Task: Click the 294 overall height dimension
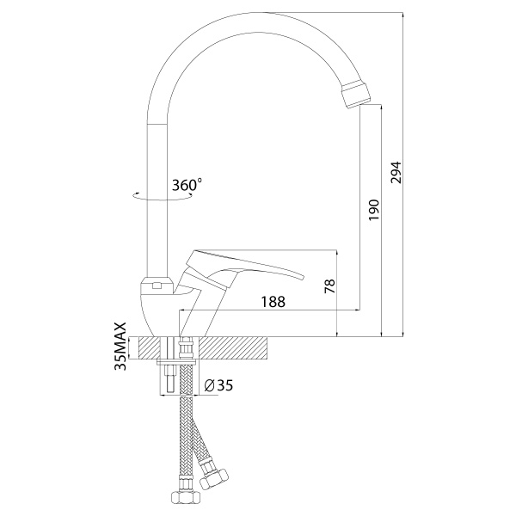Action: pyautogui.click(x=396, y=172)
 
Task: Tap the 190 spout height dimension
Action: pyautogui.click(x=374, y=210)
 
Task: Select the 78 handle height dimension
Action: pyautogui.click(x=329, y=286)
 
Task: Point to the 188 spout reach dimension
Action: pyautogui.click(x=273, y=302)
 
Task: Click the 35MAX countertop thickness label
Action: pyautogui.click(x=120, y=347)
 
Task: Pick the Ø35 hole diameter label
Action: pyautogui.click(x=218, y=384)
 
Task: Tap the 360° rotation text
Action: pyautogui.click(x=187, y=185)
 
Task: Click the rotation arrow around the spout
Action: pyautogui.click(x=163, y=196)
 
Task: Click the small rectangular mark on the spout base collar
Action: pyautogui.click(x=157, y=286)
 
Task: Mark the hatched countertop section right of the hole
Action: pyautogui.click(x=235, y=348)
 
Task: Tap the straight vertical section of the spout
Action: pyautogui.click(x=157, y=200)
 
